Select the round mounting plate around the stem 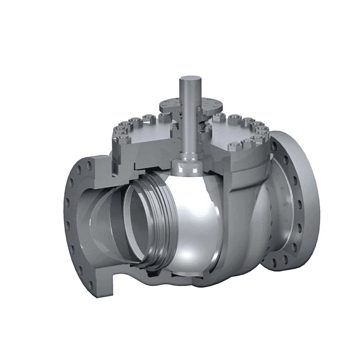[x=212, y=105]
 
